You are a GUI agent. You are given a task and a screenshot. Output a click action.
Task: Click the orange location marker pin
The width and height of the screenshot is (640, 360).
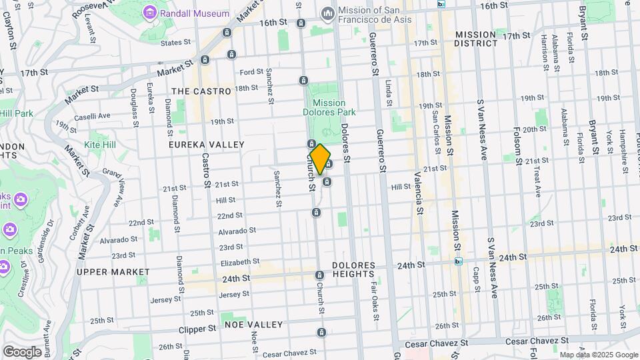tap(321, 159)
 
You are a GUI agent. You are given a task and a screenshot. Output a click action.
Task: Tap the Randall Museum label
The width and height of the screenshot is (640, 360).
tap(194, 13)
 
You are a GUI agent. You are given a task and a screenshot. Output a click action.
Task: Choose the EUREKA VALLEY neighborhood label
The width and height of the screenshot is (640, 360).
tap(206, 144)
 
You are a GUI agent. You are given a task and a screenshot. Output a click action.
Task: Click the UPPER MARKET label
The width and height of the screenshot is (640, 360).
tap(113, 272)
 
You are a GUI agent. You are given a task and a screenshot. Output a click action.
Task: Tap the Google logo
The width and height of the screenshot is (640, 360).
tap(22, 351)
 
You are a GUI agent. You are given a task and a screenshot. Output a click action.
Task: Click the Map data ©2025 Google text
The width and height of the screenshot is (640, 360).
tap(598, 355)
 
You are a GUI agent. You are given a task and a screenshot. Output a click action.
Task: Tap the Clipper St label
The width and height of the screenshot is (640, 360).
tap(198, 329)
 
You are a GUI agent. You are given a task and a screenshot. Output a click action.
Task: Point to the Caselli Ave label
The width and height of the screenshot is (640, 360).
tap(93, 116)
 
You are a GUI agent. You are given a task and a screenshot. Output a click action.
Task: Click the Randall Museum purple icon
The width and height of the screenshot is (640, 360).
tap(149, 13)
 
